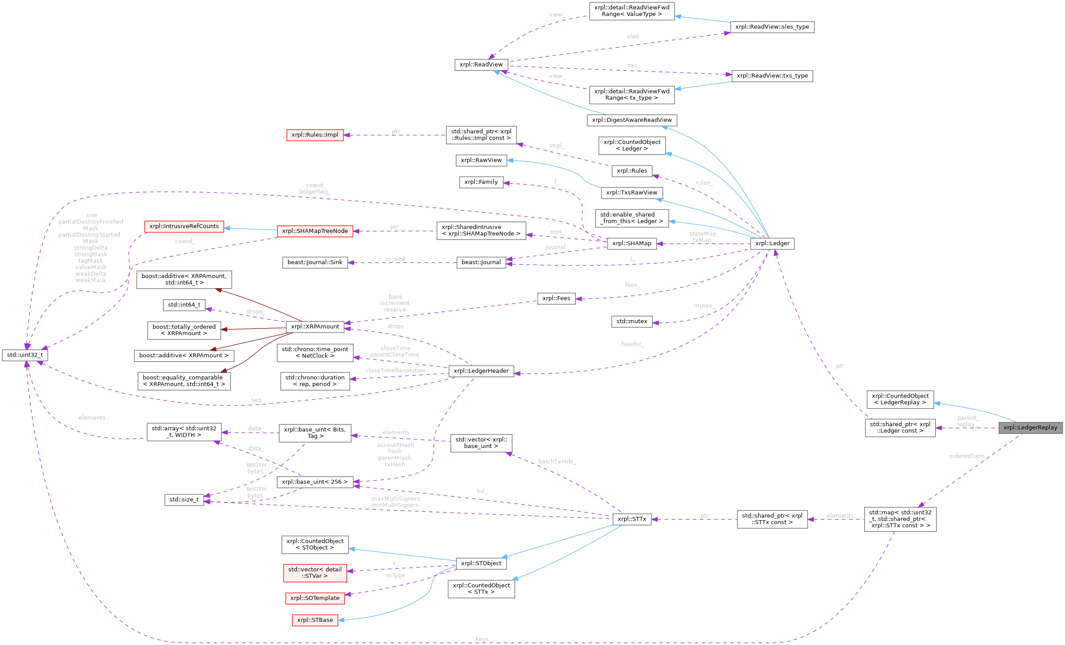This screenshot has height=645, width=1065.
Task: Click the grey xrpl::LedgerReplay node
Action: pos(1030,428)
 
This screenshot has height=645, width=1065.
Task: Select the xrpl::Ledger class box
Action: pos(772,243)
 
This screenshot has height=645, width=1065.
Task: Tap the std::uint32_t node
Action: pos(25,355)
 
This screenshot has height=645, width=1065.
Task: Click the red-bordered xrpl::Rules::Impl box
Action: pos(315,135)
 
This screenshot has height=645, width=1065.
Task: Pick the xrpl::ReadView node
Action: pos(481,65)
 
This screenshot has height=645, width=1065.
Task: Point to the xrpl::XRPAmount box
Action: pos(315,327)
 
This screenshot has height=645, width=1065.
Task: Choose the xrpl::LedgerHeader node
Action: pos(481,371)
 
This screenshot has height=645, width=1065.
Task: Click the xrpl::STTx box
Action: pos(632,519)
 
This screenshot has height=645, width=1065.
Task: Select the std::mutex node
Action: pos(632,321)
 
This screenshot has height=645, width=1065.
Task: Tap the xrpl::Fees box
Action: pos(556,298)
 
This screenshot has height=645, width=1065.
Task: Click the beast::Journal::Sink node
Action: pos(314,263)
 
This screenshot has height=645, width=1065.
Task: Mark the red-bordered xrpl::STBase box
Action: pos(314,620)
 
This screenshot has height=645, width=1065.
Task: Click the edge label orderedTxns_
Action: pos(967,456)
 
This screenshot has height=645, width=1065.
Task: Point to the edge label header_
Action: pos(632,344)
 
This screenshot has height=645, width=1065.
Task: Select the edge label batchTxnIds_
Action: pos(556,461)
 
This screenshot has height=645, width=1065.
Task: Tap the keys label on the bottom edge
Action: pos(482,639)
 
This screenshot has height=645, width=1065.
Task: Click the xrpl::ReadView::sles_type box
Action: pos(772,27)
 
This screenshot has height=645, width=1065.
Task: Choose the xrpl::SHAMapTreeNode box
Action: pos(314,231)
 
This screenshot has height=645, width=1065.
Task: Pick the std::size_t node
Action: pos(184,500)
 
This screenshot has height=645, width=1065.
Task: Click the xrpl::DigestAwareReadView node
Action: pos(632,120)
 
